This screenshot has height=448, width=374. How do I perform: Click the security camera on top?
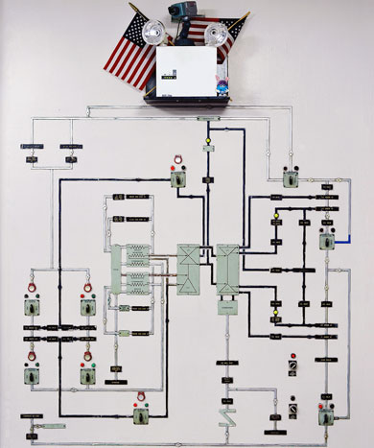tap(183, 12)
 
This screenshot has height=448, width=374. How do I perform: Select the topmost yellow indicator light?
tap(206, 150)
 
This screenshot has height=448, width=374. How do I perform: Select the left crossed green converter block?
tap(187, 268)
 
